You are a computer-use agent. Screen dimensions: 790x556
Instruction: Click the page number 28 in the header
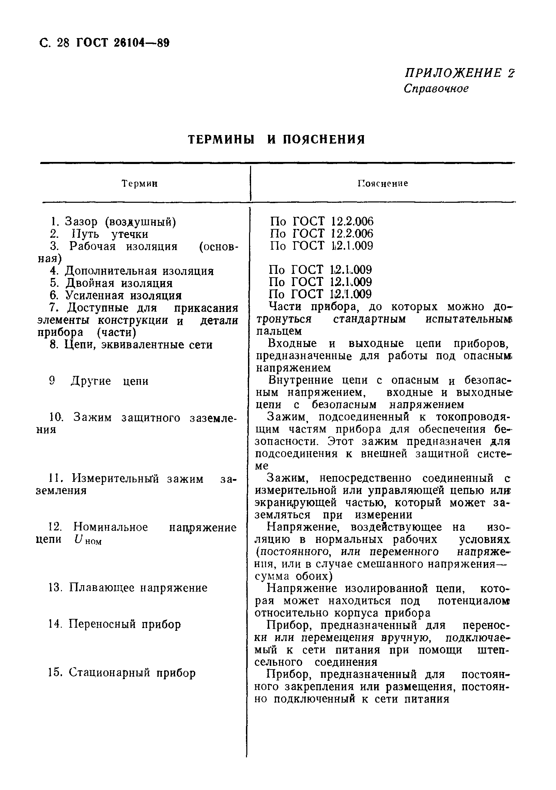pyautogui.click(x=63, y=43)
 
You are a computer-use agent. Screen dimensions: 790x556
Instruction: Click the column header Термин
pyautogui.click(x=140, y=184)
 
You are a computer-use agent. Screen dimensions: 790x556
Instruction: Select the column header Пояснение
pyautogui.click(x=383, y=183)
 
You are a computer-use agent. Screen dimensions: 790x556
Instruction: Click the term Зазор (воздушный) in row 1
pyautogui.click(x=120, y=222)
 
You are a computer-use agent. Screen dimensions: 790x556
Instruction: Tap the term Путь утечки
pyautogui.click(x=110, y=234)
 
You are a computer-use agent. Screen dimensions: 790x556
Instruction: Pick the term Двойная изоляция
pyautogui.click(x=119, y=283)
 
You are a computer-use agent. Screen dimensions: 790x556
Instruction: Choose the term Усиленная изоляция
pyautogui.click(x=123, y=296)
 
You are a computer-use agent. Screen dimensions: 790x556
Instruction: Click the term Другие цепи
pyautogui.click(x=109, y=381)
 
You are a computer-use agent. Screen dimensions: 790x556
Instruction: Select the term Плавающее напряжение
pyautogui.click(x=138, y=588)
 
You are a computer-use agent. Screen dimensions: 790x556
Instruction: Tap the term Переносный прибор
pyautogui.click(x=124, y=624)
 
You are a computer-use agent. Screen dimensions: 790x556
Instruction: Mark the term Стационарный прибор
pyautogui.click(x=132, y=673)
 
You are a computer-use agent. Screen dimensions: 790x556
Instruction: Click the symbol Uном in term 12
pyautogui.click(x=88, y=540)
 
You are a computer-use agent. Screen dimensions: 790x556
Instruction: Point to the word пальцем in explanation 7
pyautogui.click(x=279, y=331)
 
